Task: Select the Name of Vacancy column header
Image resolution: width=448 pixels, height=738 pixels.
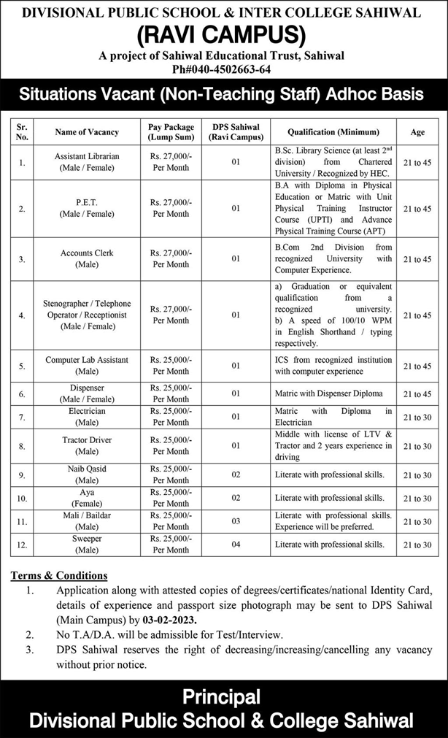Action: click(x=87, y=132)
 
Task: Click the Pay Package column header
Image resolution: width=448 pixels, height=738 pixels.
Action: click(x=171, y=132)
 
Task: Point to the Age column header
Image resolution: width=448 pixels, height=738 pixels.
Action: click(x=417, y=132)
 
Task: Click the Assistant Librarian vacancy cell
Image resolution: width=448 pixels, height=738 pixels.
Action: click(x=87, y=162)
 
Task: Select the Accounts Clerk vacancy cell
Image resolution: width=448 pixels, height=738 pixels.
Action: click(x=87, y=258)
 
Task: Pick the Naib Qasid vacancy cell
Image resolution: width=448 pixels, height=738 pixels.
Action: click(x=87, y=474)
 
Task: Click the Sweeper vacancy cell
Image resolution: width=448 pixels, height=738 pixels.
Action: click(x=87, y=544)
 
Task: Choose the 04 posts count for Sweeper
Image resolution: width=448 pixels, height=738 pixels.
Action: click(x=235, y=544)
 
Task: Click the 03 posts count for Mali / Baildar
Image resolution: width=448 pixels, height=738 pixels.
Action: click(x=235, y=521)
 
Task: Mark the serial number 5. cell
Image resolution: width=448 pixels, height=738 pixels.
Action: click(x=22, y=366)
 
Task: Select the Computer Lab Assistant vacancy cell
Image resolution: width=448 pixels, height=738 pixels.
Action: click(x=87, y=366)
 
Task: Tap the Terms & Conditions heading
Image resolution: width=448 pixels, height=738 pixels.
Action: click(x=59, y=575)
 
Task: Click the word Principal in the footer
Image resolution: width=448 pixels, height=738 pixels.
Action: click(x=223, y=696)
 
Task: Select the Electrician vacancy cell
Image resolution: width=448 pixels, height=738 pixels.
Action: click(x=87, y=417)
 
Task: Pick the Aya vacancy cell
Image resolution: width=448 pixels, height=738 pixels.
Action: click(x=87, y=498)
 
